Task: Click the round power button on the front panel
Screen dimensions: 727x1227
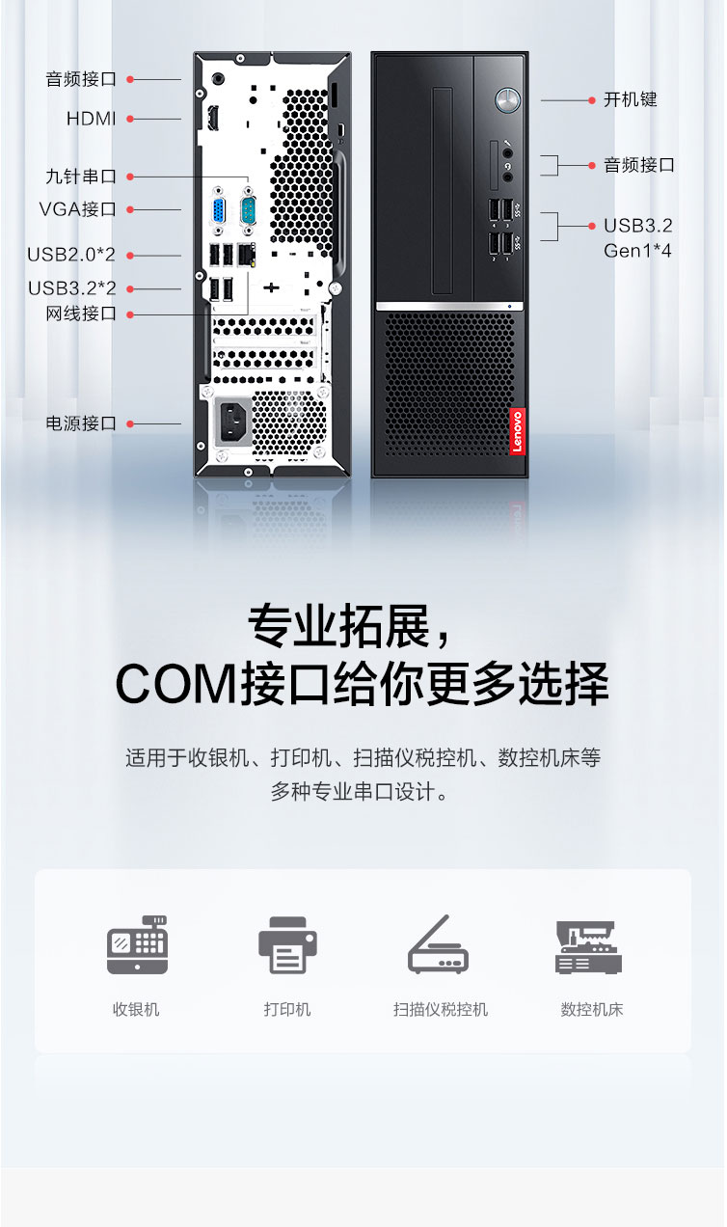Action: pos(507,100)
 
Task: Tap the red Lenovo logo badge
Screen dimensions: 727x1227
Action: pos(518,431)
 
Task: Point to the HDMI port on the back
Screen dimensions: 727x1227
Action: pos(212,118)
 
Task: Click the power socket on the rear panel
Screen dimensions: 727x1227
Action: pos(233,422)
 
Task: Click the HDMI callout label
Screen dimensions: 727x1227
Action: pos(91,119)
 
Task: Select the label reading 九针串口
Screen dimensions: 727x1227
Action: pos(81,177)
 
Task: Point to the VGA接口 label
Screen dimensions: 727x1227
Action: pos(78,209)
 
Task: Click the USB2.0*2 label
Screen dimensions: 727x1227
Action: pos(71,255)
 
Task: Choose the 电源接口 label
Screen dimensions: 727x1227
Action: pos(81,423)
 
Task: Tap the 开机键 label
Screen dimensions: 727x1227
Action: pos(631,99)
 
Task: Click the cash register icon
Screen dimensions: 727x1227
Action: pos(138,945)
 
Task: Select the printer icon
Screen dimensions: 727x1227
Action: pos(288,945)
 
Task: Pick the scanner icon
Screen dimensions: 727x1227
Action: pos(439,943)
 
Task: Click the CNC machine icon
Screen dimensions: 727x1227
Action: pos(588,947)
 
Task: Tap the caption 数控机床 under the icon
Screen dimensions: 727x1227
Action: pos(592,1010)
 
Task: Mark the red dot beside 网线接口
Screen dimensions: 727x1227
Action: pos(130,314)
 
